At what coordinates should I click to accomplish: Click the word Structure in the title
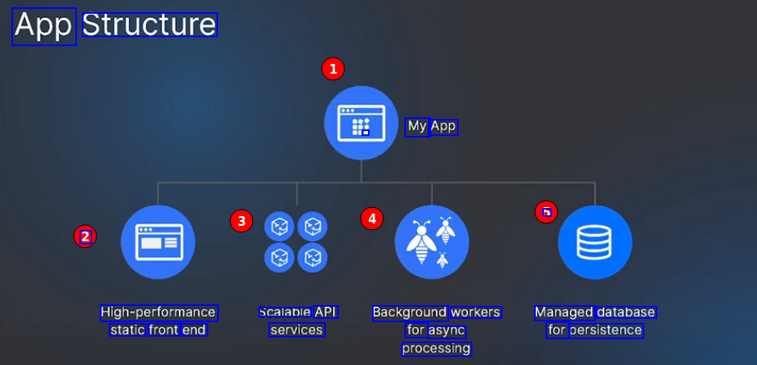[x=149, y=26]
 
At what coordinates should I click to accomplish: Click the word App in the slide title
[x=44, y=27]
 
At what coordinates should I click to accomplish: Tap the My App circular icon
[x=361, y=123]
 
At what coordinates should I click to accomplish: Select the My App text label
[x=431, y=126]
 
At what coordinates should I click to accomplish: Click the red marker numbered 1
[x=332, y=69]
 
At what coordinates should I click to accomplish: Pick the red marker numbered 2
[x=84, y=236]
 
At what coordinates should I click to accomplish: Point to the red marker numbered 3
[x=241, y=220]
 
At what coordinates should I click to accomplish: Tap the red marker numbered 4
[x=371, y=218]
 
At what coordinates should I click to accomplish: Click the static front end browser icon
[x=158, y=242]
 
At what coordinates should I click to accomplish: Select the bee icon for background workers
[x=431, y=241]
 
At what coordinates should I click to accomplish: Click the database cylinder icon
[x=595, y=242]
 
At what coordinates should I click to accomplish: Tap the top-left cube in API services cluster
[x=280, y=226]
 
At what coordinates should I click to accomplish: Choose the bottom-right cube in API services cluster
[x=312, y=258]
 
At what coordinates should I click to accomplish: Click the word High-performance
[x=158, y=312]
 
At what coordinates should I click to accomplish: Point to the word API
[x=325, y=312]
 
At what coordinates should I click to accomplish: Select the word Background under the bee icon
[x=409, y=312]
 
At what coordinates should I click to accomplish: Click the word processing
[x=436, y=349]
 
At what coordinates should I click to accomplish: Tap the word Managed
[x=564, y=312]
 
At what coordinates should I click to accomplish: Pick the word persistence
[x=606, y=330]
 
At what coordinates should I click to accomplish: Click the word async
[x=447, y=330]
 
